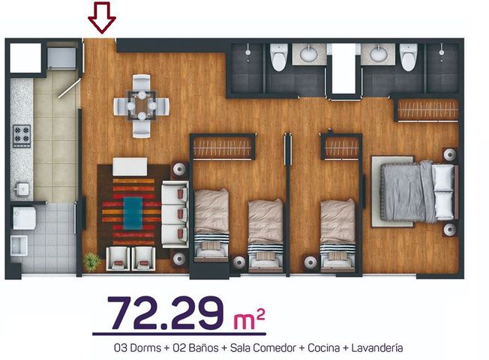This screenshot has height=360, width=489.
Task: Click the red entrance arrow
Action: tap(102, 17)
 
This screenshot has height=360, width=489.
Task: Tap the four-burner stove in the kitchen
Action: tap(22, 136)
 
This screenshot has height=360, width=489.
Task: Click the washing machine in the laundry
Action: tap(24, 218)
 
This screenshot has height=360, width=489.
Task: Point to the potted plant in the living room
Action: tap(92, 261)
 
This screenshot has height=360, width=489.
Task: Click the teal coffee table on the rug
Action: tap(133, 213)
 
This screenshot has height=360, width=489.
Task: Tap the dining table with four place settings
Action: tap(141, 106)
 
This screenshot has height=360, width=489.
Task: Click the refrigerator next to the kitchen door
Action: tap(61, 58)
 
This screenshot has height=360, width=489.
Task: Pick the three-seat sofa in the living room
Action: tap(175, 214)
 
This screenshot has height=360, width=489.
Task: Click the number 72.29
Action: tap(165, 313)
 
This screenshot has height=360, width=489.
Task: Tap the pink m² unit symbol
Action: tap(249, 319)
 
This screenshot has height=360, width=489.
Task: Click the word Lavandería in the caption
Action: tap(377, 348)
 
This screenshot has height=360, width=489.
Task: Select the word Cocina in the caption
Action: tap(323, 348)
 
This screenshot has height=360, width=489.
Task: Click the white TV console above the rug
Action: tap(130, 167)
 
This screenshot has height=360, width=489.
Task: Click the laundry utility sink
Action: tap(19, 245)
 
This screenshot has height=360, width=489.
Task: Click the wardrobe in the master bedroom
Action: tap(427, 110)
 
